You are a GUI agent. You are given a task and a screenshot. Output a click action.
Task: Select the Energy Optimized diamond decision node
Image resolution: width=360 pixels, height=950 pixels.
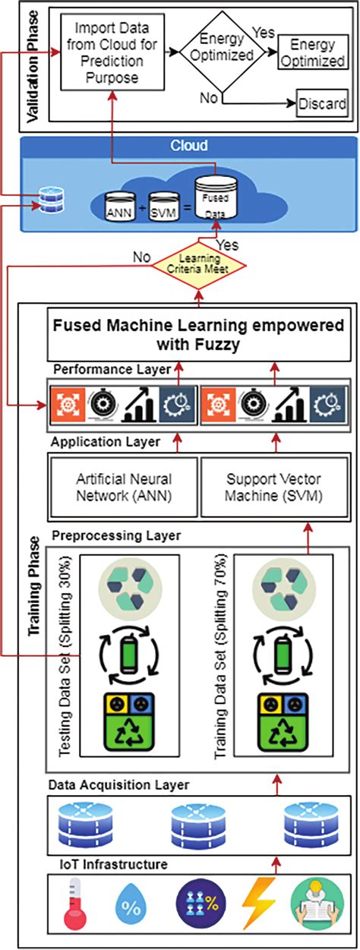[x=226, y=52]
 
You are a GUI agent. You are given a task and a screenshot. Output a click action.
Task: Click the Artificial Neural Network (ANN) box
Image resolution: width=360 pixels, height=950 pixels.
[x=124, y=487]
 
